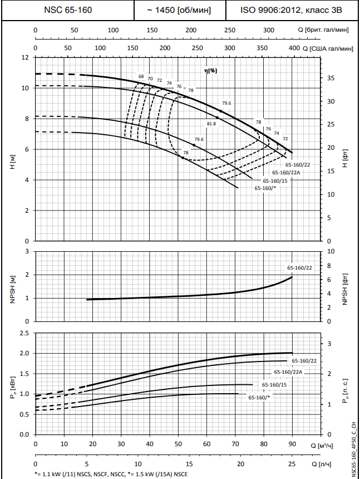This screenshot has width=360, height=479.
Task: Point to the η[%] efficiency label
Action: click(210, 71)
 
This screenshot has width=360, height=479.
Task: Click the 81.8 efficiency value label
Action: click(211, 124)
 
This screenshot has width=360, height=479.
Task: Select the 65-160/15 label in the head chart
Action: click(275, 181)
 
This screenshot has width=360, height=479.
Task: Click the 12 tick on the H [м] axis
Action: click(25, 57)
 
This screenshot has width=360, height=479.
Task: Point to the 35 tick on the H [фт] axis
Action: click(331, 79)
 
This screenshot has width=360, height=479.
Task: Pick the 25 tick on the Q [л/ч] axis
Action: click(292, 464)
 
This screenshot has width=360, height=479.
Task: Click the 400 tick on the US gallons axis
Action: click(294, 48)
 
